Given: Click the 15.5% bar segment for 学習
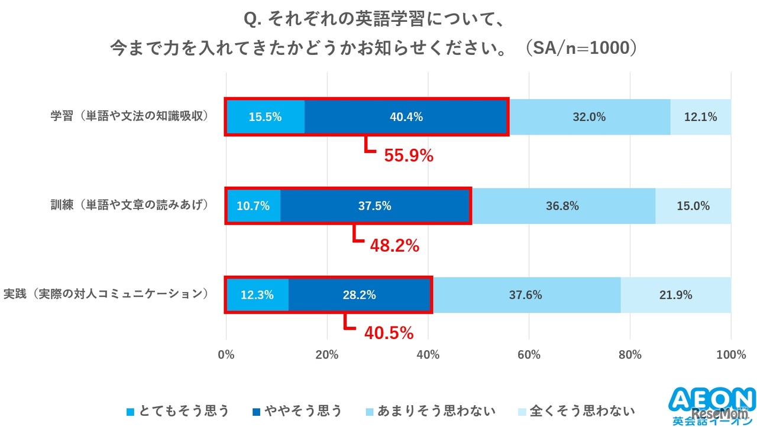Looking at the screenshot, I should click(x=265, y=117).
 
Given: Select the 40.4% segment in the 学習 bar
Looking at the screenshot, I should click(x=406, y=117).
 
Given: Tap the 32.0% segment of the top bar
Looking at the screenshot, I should click(x=589, y=117).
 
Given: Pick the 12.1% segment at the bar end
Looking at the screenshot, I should click(x=700, y=117).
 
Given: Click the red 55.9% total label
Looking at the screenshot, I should click(x=409, y=156).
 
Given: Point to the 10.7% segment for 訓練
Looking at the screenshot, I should click(x=253, y=206).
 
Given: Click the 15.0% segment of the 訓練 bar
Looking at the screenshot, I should click(x=693, y=206).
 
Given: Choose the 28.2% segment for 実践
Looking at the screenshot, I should click(x=359, y=295).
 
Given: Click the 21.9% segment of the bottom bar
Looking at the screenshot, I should click(x=675, y=295).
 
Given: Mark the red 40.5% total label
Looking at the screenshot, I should click(x=389, y=334).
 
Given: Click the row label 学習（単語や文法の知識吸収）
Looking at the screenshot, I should click(x=130, y=116).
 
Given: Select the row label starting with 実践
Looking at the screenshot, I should click(x=106, y=294).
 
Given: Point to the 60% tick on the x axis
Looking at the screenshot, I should click(x=529, y=355).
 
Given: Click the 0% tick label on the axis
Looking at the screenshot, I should click(x=227, y=355).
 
